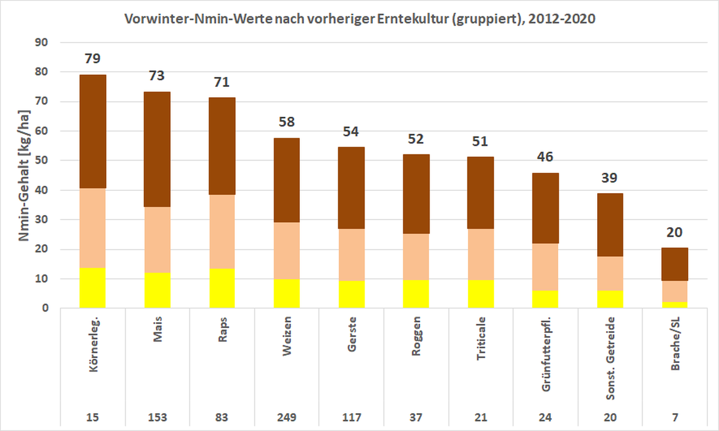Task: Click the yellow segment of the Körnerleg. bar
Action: point(93,288)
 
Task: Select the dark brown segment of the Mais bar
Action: point(157,149)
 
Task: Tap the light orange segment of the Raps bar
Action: point(222,231)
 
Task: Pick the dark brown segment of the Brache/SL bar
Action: point(675,264)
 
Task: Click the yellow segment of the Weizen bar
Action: point(286,294)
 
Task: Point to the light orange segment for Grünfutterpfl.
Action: point(545,267)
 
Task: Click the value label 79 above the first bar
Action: point(93,59)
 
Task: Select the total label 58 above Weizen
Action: point(286,122)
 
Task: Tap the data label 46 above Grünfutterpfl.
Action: point(545,157)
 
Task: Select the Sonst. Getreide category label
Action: point(611,359)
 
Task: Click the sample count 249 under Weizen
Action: point(286,418)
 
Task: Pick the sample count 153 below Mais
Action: point(157,418)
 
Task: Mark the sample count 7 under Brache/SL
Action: point(675,418)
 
